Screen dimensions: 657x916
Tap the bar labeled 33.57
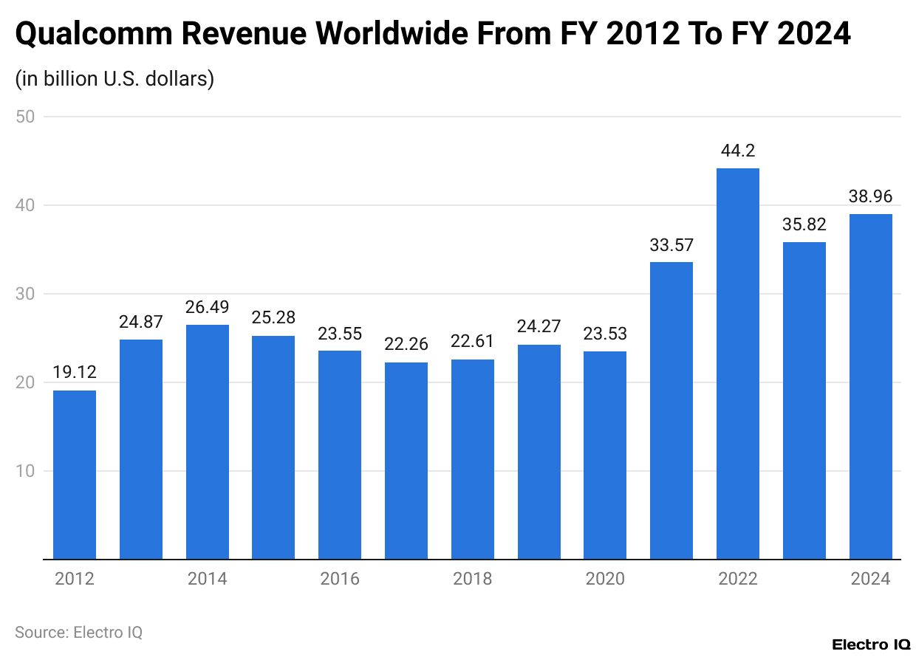(x=671, y=410)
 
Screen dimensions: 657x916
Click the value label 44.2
(x=737, y=151)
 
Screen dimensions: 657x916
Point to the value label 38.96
(x=870, y=196)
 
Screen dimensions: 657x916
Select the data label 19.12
(x=75, y=373)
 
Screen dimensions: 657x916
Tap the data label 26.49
(x=207, y=307)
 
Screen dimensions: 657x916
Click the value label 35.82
(x=804, y=224)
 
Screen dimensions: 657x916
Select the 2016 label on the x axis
(x=340, y=579)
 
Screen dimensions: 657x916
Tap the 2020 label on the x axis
(x=605, y=579)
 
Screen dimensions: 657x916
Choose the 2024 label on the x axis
(x=870, y=579)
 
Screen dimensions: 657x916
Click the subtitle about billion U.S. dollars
(x=115, y=78)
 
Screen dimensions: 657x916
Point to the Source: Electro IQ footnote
(x=78, y=632)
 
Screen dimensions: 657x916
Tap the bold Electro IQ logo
(x=871, y=644)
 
